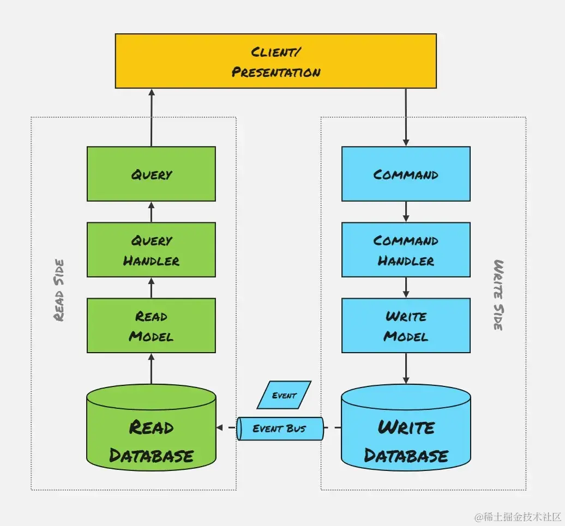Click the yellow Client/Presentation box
[275, 61]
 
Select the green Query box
[151, 174]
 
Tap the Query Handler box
[151, 250]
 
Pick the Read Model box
[151, 325]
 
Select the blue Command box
[406, 174]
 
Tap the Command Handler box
[406, 250]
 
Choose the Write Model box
[406, 325]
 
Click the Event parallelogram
[284, 395]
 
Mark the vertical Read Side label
[59, 290]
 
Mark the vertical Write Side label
[498, 294]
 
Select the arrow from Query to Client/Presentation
[152, 117]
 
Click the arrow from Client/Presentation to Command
[406, 117]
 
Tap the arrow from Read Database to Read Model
[152, 368]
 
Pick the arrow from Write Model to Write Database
[406, 368]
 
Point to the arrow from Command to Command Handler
[406, 211]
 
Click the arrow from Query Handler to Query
[152, 211]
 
